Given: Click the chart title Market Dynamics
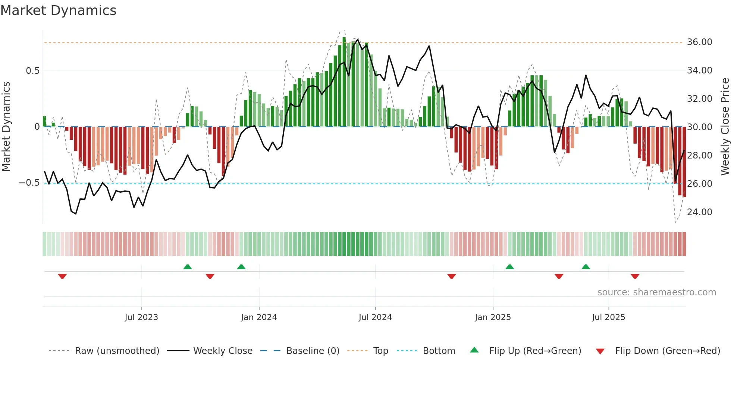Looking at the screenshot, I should (58, 10).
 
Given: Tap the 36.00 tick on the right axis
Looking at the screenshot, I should (699, 42).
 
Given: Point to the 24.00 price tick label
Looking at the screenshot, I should (699, 212).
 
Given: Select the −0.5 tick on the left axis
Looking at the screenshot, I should (29, 183).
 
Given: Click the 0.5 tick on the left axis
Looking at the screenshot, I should (32, 71).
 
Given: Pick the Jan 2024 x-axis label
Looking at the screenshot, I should (259, 317).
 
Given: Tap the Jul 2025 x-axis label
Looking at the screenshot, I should (608, 317).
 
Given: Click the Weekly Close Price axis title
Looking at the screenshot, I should (725, 127).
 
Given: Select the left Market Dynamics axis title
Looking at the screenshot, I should (6, 127).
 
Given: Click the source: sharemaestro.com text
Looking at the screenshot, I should (656, 292).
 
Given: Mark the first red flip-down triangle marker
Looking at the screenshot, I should (62, 276).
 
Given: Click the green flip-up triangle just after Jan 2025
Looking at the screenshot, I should (509, 267).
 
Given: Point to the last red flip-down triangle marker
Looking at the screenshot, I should (635, 276).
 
